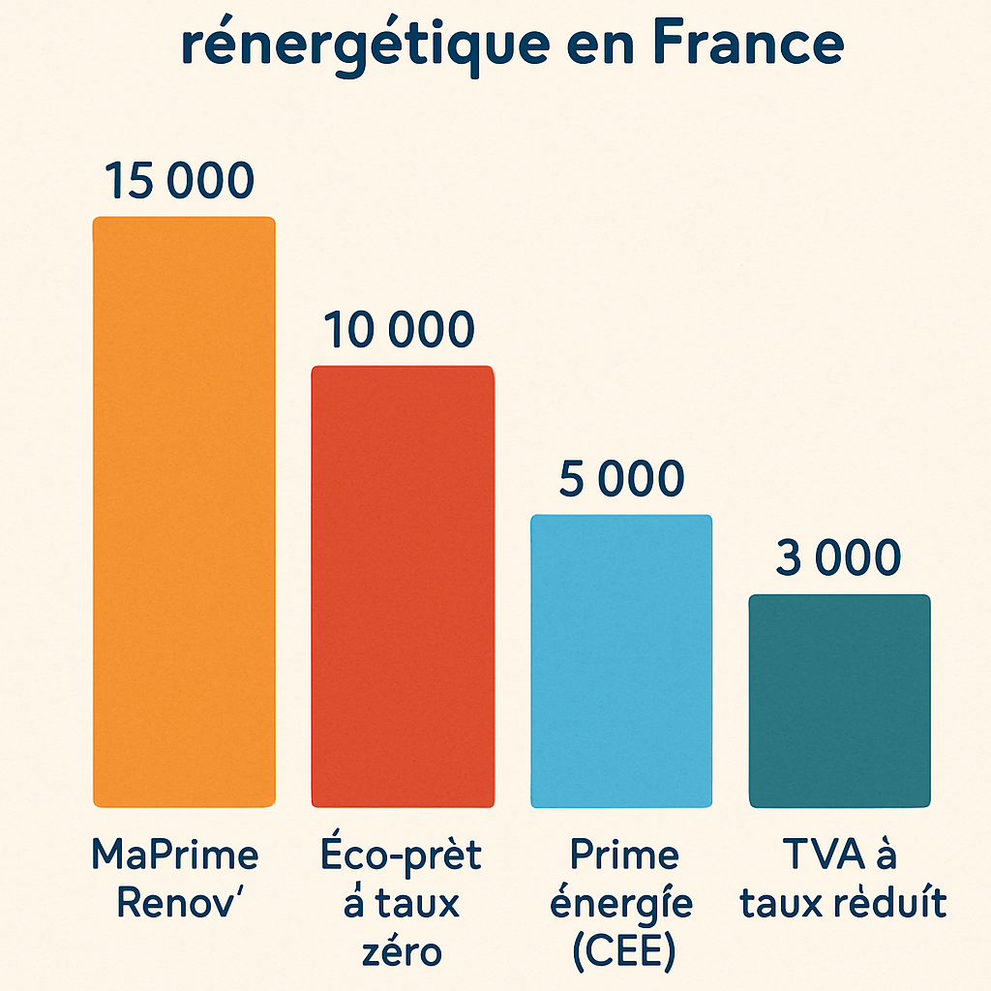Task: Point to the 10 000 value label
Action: [x=399, y=330]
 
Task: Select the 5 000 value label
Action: [x=621, y=479]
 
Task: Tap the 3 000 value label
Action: [x=838, y=558]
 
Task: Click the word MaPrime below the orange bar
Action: [x=175, y=856]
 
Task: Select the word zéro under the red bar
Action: [x=401, y=951]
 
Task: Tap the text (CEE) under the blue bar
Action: [x=622, y=951]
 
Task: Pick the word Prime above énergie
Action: [x=623, y=856]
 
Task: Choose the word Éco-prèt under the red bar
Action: [x=400, y=856]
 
